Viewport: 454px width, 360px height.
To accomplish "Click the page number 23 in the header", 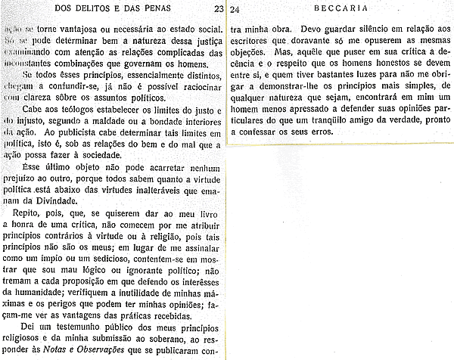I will coord(218,9).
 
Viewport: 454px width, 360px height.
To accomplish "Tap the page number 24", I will coord(235,9).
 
